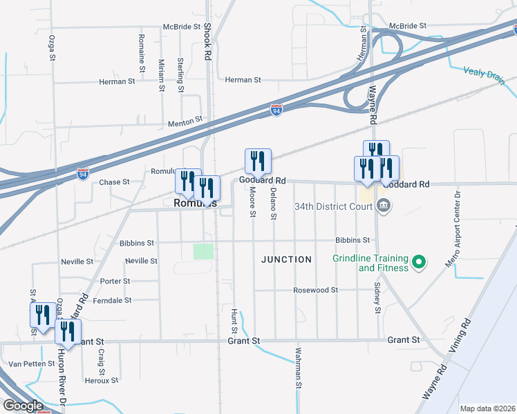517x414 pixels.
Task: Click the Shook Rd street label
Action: tap(207, 42)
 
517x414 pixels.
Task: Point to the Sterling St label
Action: tap(181, 75)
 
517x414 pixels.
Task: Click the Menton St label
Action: tap(185, 119)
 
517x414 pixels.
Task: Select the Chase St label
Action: tap(115, 182)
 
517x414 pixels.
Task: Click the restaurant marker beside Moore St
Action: tap(258, 161)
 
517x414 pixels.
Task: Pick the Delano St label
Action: tap(274, 204)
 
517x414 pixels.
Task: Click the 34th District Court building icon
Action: tap(385, 206)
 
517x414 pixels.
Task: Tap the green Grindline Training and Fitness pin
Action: tap(417, 262)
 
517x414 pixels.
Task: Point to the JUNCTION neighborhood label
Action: tap(286, 259)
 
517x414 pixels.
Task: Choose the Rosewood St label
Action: tap(315, 290)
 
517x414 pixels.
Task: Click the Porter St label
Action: tap(115, 282)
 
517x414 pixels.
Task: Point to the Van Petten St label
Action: tap(31, 364)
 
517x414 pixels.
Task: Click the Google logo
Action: tap(22, 406)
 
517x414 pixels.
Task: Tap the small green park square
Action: tap(203, 251)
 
